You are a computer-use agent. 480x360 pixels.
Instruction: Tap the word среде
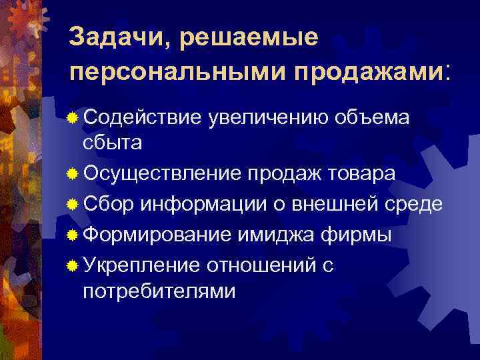click(416, 204)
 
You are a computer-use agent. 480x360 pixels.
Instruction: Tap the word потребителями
click(159, 291)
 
